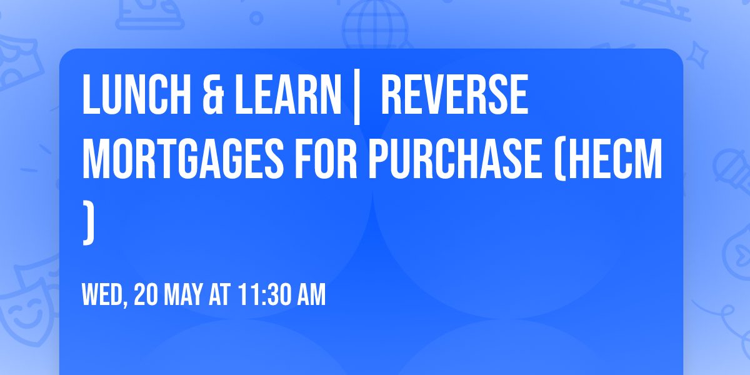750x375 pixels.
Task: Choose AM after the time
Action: tap(311, 295)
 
